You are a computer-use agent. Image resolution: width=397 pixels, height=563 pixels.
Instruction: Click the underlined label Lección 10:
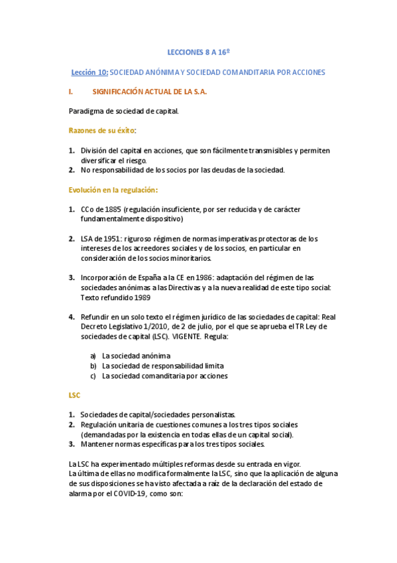point(89,72)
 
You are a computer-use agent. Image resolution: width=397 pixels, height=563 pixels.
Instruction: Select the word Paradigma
point(86,111)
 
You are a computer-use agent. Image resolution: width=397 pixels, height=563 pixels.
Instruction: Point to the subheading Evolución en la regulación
point(113,189)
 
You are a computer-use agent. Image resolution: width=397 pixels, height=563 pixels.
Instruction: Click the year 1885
point(113,209)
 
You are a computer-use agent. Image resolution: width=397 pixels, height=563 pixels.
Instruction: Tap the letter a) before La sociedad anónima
point(93,356)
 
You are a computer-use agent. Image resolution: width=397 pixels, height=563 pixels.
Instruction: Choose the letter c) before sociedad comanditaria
point(93,376)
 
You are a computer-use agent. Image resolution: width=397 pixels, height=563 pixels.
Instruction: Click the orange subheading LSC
point(74,395)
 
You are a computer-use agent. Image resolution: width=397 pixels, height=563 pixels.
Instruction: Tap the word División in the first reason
point(95,151)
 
